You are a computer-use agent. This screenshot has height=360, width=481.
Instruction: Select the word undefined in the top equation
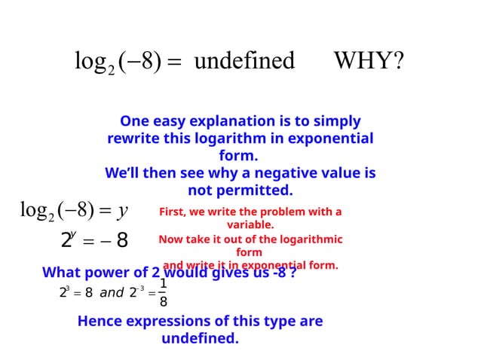[244, 60]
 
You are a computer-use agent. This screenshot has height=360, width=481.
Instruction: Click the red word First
[173, 212]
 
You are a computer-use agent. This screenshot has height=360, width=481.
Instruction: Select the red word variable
[250, 224]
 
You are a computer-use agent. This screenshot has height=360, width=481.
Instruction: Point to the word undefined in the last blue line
[200, 338]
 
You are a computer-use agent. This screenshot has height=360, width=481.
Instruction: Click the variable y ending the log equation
[120, 211]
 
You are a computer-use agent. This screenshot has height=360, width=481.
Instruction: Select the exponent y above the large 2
[72, 234]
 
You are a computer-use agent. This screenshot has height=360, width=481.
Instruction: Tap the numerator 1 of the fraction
[163, 284]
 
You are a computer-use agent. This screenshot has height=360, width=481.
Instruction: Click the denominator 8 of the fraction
[163, 302]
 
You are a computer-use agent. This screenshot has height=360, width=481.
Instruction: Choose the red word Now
[170, 239]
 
